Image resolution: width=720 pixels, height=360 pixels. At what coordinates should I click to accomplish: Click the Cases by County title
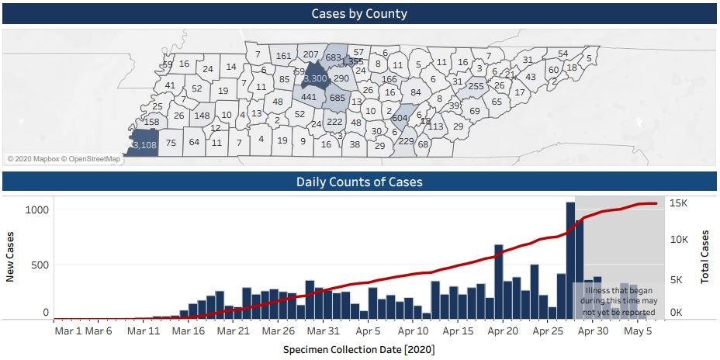click(359, 13)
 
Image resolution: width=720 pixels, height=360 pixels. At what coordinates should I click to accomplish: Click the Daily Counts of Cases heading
click(359, 182)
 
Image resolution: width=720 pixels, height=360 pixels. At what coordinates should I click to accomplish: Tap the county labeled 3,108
click(144, 144)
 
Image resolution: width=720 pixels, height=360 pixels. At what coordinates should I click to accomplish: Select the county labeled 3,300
click(316, 78)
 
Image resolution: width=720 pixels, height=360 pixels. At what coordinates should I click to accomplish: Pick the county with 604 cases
click(400, 118)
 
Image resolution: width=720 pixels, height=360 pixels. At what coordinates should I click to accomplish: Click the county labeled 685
click(337, 98)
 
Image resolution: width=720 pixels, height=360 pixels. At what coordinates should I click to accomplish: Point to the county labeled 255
click(476, 86)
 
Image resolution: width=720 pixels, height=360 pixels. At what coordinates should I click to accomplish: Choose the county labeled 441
click(309, 98)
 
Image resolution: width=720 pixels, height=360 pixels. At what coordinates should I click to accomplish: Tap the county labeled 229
click(406, 140)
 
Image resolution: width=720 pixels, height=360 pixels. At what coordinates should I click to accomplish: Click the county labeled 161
click(284, 56)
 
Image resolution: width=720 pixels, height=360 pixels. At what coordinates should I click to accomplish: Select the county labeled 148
click(202, 116)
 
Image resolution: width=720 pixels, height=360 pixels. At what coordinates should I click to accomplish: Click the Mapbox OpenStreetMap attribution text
click(64, 159)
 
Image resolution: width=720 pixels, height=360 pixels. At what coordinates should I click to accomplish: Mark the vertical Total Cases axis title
click(705, 256)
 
